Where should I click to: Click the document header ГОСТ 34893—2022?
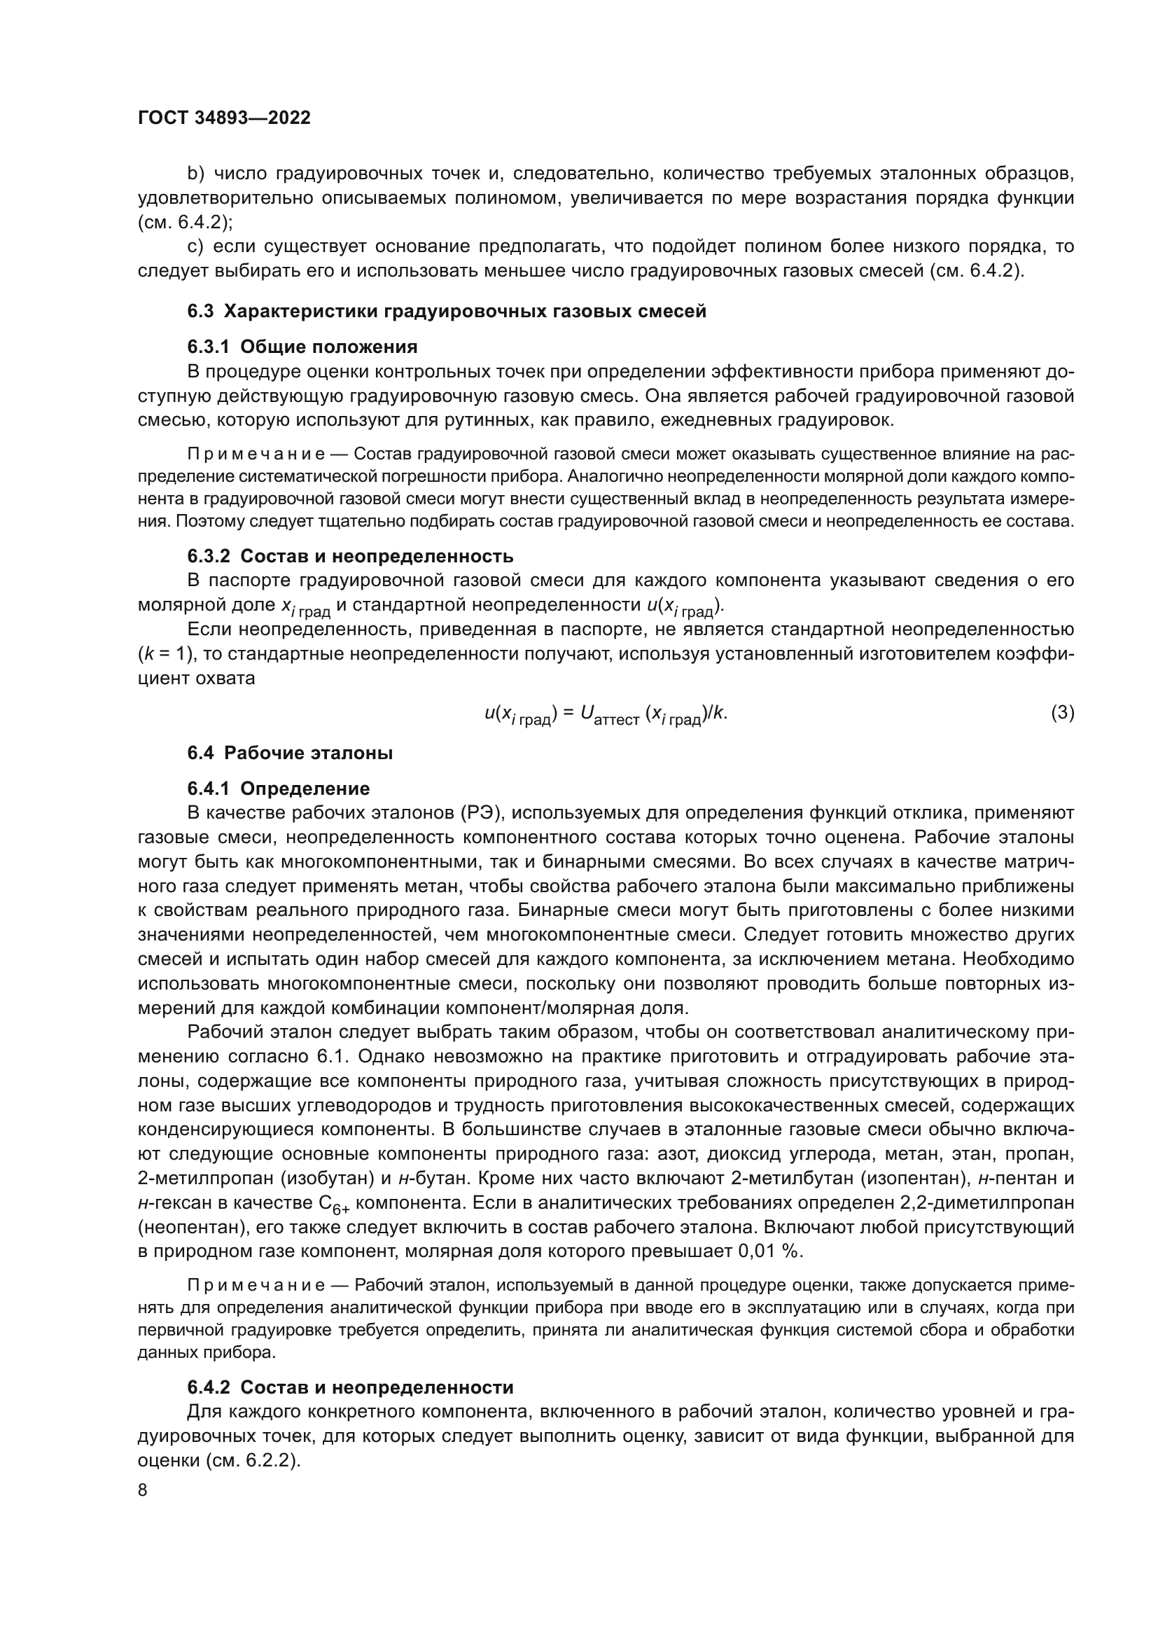224,118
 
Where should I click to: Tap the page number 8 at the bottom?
143,1490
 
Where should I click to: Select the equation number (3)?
1062,712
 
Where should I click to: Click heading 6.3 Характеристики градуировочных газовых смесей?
447,312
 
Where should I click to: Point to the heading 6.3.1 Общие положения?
302,347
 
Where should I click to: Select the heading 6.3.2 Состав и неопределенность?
350,556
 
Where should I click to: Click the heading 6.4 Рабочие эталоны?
290,753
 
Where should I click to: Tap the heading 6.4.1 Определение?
279,789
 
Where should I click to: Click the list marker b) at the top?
195,174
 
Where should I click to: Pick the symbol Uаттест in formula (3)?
610,714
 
